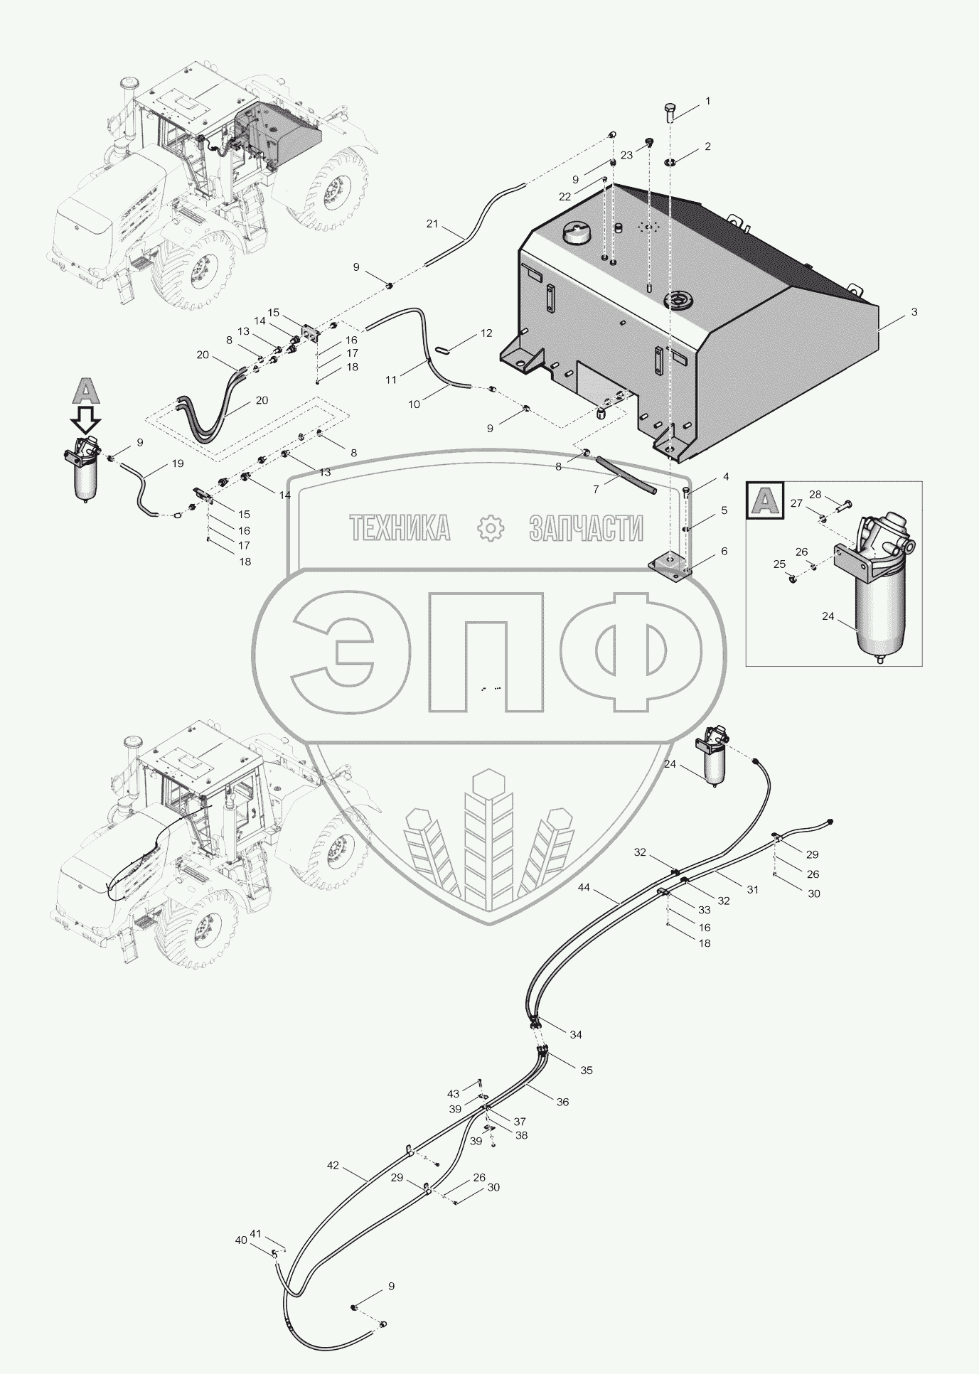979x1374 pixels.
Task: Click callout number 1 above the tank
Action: click(x=707, y=102)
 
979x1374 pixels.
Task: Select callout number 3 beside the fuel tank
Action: click(x=914, y=311)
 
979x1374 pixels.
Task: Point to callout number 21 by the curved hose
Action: click(x=432, y=223)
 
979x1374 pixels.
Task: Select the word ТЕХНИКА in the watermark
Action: click(x=400, y=528)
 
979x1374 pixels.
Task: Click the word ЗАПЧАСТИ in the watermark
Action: click(x=586, y=528)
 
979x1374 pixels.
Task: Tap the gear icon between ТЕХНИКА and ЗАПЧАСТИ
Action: click(x=490, y=528)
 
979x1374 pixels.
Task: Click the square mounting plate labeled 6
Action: click(x=669, y=562)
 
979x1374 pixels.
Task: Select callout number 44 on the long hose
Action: click(x=584, y=887)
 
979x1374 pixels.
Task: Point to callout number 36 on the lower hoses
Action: click(x=562, y=1102)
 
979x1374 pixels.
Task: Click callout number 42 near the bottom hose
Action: click(x=333, y=1166)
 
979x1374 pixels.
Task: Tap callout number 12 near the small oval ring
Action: click(x=486, y=333)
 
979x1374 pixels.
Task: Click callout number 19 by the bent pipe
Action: click(x=177, y=463)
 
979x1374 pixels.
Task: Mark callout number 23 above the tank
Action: click(x=626, y=155)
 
